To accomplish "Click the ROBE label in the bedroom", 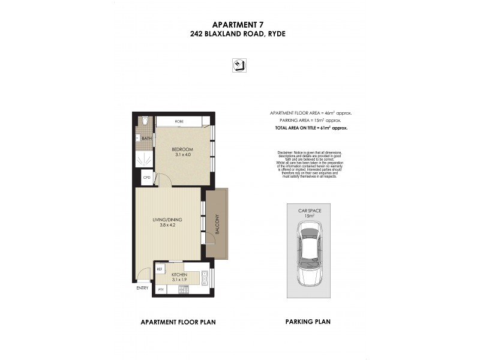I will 179,122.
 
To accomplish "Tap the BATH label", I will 146,139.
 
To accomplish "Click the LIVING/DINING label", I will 167,220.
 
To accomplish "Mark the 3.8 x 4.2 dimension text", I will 167,226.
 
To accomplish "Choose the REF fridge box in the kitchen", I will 160,269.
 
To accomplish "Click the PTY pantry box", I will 160,290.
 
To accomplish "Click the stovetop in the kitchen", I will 184,290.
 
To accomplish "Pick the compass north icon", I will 239,65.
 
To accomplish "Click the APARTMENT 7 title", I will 239,25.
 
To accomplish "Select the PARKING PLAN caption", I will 307,322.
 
